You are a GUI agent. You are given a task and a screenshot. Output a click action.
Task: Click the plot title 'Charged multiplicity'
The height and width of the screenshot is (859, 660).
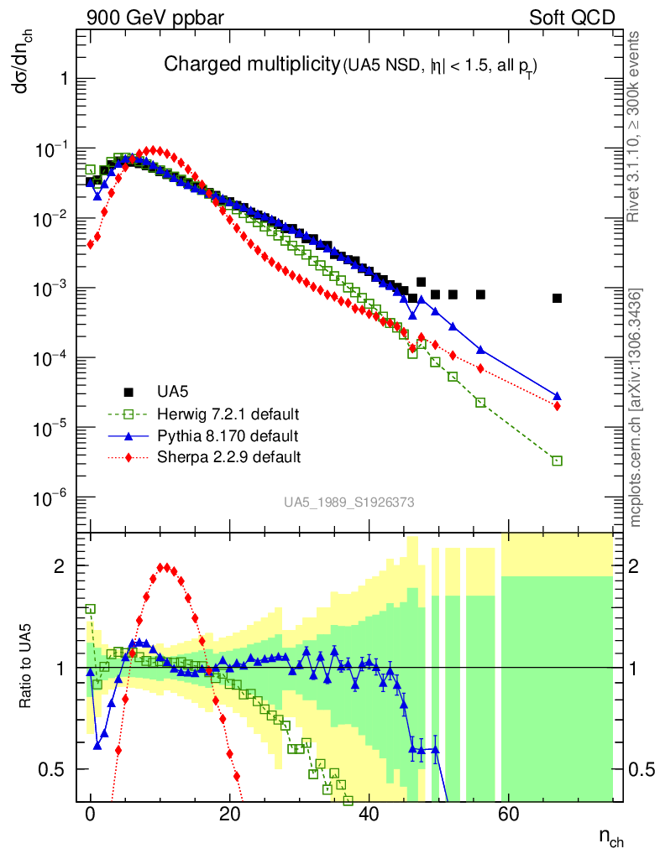(250, 65)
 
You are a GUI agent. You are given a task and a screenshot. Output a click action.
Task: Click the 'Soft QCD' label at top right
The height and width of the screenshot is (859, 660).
(572, 17)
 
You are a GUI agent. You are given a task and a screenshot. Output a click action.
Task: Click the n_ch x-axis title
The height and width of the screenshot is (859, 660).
(610, 837)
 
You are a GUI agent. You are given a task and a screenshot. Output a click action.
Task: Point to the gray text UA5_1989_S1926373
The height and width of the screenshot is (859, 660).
(348, 502)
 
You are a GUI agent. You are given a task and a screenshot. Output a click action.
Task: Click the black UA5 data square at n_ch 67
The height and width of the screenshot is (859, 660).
(557, 299)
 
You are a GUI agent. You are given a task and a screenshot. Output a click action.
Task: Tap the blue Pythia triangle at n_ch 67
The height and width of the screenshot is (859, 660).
(557, 396)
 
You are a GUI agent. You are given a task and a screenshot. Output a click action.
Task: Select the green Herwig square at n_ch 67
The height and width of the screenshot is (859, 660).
(557, 461)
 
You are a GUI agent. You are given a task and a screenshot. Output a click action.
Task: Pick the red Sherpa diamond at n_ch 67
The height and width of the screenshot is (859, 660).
(557, 406)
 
